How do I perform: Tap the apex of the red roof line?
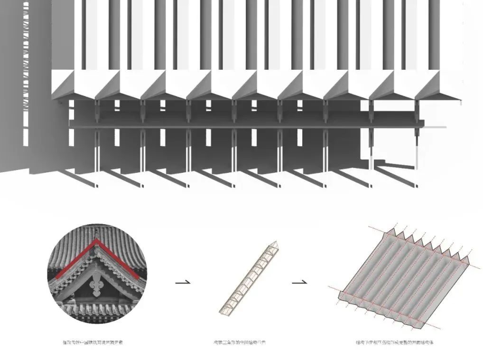coord(97,241)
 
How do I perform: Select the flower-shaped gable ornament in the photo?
coord(97,286)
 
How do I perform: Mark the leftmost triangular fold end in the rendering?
coord(63,85)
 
